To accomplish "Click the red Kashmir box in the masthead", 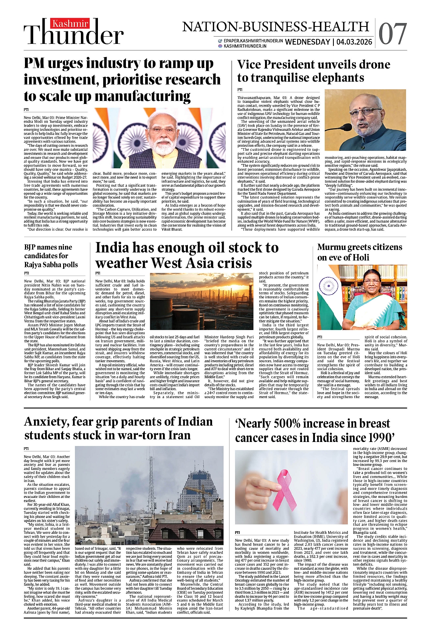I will coord(70,24).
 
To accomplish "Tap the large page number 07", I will coord(392,34).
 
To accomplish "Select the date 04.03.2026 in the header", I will coord(354,42).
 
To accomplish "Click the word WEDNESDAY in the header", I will coord(307,42).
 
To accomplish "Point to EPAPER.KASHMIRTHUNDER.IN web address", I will coord(253,41).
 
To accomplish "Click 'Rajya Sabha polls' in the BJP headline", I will coord(51,265).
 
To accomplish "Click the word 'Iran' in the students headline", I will coord(175,435).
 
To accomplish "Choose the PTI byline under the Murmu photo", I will coord(320,336).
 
